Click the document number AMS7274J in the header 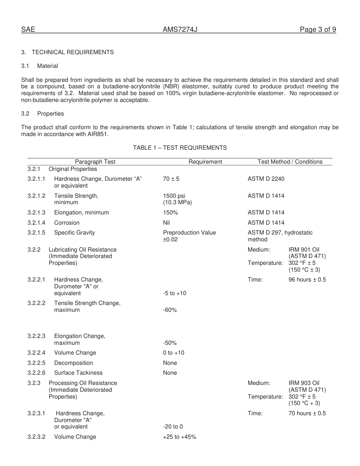click(x=180, y=30)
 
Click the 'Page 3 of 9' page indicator click(x=318, y=30)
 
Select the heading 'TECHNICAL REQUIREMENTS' click(x=73, y=52)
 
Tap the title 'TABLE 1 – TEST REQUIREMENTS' click(x=180, y=148)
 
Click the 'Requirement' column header click(x=205, y=162)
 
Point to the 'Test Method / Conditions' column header click(x=290, y=162)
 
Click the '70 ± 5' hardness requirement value click(x=171, y=179)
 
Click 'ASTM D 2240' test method click(x=266, y=179)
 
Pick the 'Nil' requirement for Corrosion click(x=166, y=223)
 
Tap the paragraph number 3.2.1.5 click(x=36, y=233)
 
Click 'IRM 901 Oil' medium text click(x=304, y=250)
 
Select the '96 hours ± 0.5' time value click(x=307, y=280)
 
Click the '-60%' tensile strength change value click(x=170, y=310)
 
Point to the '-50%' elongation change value click(x=170, y=343)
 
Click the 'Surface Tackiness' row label click(x=78, y=373)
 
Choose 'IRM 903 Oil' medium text click(x=304, y=383)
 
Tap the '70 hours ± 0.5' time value click(x=307, y=413)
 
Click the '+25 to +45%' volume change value click(x=179, y=437)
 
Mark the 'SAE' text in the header click(x=28, y=30)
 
